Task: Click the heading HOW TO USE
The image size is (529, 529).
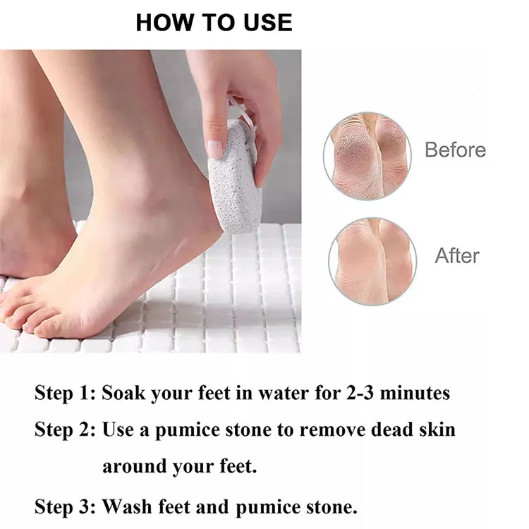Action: (214, 22)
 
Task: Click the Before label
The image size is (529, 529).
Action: (455, 150)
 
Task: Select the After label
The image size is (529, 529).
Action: (457, 255)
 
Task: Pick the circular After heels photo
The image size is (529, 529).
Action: (372, 261)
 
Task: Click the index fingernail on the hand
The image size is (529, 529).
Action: (215, 148)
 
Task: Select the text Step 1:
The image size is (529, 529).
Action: (66, 393)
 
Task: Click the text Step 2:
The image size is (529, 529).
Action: (66, 429)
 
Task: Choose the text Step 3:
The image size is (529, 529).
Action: (66, 506)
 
